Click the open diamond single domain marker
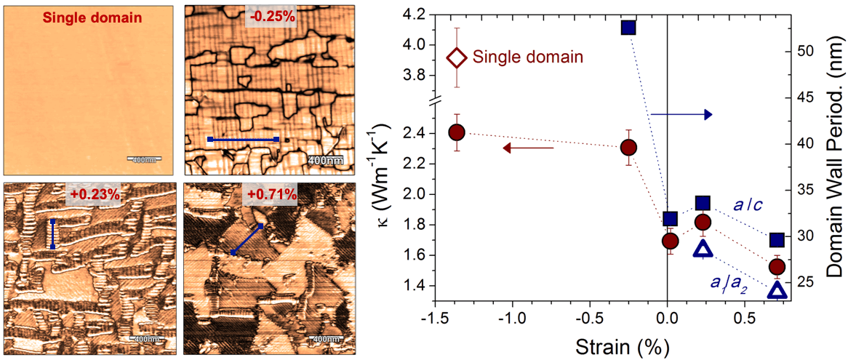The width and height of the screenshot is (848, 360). tap(455, 57)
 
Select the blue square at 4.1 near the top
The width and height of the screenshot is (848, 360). tap(628, 28)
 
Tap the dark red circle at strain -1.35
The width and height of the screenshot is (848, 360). tap(457, 132)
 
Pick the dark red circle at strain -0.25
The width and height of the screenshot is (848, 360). tap(628, 148)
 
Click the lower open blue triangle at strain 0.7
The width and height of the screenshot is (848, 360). tap(777, 291)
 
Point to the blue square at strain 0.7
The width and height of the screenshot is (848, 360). tap(777, 239)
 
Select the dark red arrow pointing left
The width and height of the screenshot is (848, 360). tap(529, 148)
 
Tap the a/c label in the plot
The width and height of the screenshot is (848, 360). tap(743, 207)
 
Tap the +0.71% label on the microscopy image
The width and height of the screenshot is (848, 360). tap(271, 194)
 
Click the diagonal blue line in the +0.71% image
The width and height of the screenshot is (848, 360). tap(247, 239)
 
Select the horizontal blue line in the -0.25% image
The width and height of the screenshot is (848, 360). tap(243, 139)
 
